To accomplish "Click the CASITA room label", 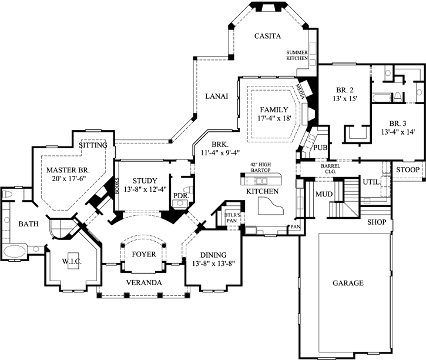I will pyautogui.click(x=266, y=36).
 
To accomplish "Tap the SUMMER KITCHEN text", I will pyautogui.click(x=297, y=56).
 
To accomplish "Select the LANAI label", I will pyautogui.click(x=216, y=96).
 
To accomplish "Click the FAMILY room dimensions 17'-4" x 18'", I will pyautogui.click(x=273, y=118).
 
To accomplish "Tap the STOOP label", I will pyautogui.click(x=407, y=170).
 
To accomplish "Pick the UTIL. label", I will pyautogui.click(x=370, y=182).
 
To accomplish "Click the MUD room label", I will pyautogui.click(x=324, y=194).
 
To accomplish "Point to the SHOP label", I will pyautogui.click(x=377, y=223).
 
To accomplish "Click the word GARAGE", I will pyautogui.click(x=348, y=283).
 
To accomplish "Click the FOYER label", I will pyautogui.click(x=144, y=255).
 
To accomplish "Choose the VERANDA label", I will pyautogui.click(x=144, y=283).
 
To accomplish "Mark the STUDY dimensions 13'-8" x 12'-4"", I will pyautogui.click(x=141, y=189).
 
